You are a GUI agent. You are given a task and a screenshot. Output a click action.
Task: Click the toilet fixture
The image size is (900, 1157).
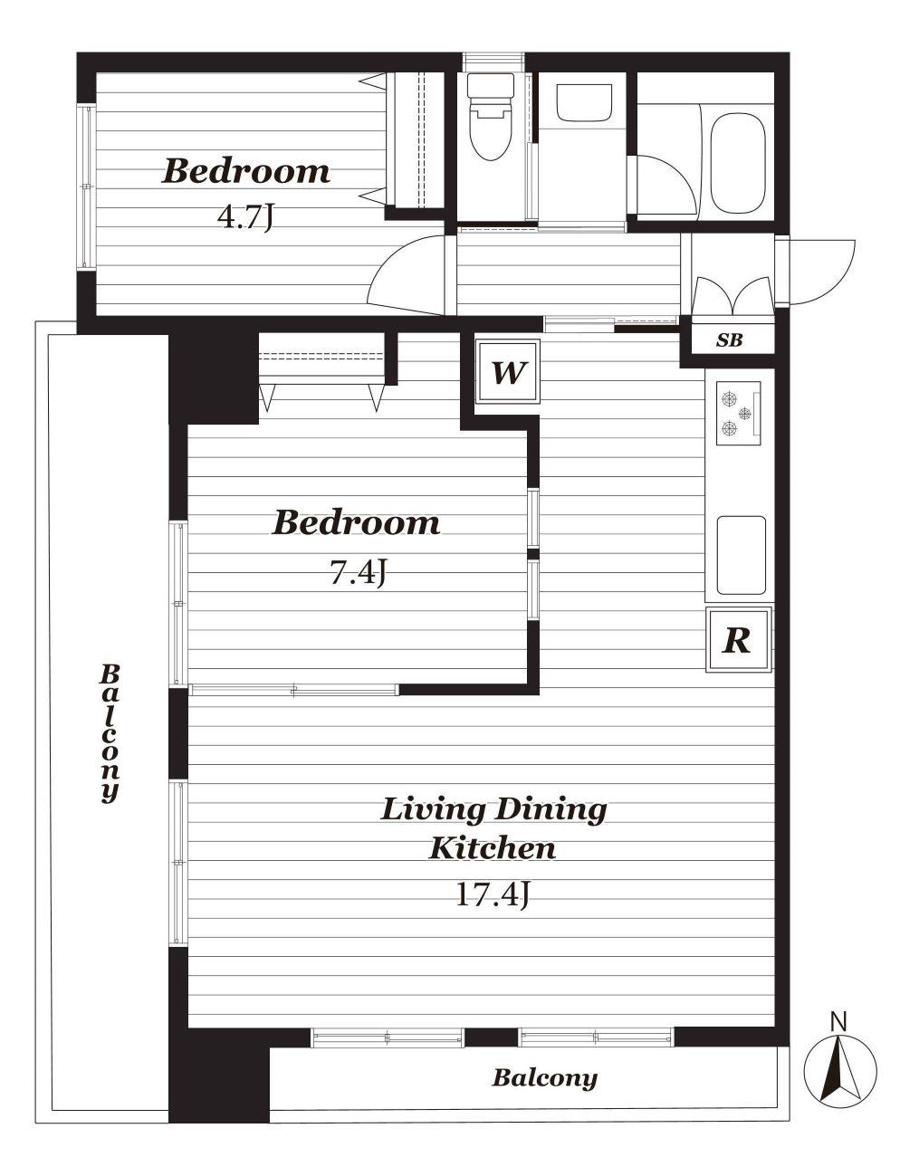(490, 117)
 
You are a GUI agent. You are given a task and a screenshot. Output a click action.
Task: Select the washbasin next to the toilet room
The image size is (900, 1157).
(584, 103)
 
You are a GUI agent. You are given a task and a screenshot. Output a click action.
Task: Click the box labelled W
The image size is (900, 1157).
(508, 372)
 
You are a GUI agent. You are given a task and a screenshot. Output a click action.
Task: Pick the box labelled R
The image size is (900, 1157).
(739, 639)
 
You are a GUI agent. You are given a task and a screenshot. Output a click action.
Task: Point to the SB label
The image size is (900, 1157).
(729, 339)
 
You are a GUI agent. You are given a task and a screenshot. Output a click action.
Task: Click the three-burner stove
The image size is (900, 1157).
(738, 413)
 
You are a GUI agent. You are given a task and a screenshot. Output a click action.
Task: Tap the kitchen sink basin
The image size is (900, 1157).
(742, 555)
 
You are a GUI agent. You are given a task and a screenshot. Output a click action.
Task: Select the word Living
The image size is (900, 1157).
(433, 811)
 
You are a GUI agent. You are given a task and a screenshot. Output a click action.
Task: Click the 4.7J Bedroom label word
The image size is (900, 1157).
(245, 171)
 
